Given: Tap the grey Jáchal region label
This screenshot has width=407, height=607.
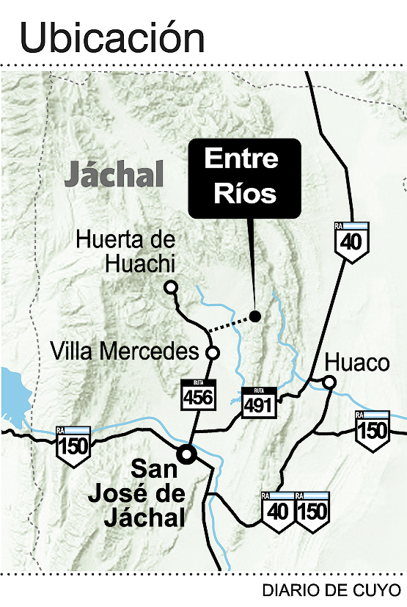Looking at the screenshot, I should click(113, 175).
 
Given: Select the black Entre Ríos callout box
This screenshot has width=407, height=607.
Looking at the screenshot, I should click(244, 178).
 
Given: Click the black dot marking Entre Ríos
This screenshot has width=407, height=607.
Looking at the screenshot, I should click(254, 316).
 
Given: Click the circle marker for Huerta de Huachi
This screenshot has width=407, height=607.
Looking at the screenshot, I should click(172, 288).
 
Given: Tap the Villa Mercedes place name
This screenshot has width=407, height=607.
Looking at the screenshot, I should click(125, 352).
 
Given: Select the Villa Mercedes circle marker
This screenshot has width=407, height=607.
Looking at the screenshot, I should click(213, 353).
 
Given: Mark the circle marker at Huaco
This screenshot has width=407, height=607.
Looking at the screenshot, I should click(330, 382).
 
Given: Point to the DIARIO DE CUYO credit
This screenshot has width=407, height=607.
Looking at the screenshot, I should click(331, 589).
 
